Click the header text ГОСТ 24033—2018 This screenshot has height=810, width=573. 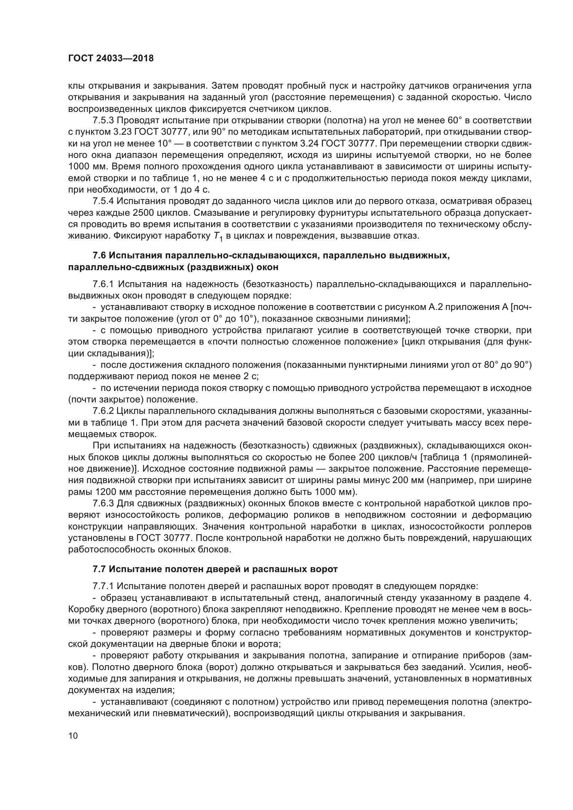[x=111, y=59]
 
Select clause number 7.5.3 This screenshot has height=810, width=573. [x=103, y=121]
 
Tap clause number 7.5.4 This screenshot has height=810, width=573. [x=103, y=202]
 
